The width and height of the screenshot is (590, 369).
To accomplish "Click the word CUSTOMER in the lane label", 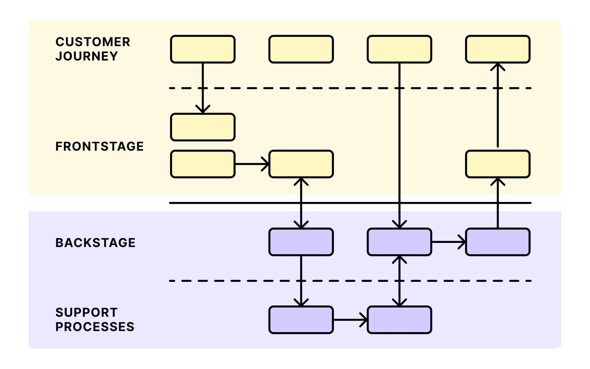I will [x=93, y=42].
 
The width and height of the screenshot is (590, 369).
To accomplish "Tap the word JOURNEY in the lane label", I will [x=87, y=56].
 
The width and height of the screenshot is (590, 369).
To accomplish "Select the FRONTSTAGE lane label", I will [x=99, y=146].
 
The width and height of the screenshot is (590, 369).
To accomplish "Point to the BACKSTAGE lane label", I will [x=95, y=243].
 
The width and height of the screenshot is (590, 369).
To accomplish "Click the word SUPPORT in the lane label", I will [x=87, y=312].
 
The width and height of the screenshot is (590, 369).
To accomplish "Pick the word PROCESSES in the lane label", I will [x=95, y=327].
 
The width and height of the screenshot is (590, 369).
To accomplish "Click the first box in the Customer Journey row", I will [x=203, y=49].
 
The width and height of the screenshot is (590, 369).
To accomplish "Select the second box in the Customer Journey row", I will [x=301, y=49].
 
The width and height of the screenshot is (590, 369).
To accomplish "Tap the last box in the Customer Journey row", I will [x=498, y=49].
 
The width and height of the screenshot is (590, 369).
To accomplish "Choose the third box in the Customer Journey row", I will [x=399, y=49].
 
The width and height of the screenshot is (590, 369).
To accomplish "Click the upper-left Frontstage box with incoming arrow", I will [x=203, y=127].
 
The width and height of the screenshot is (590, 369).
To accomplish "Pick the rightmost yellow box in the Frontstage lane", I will [x=498, y=164].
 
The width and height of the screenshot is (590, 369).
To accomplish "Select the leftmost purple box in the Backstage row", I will [x=301, y=242].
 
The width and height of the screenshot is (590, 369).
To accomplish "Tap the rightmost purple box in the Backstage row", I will [x=498, y=242].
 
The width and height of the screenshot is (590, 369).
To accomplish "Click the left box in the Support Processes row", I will [x=301, y=320].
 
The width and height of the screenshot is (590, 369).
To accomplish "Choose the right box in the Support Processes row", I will [x=399, y=320].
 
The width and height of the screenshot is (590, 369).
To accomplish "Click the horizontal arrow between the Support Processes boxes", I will [x=350, y=320].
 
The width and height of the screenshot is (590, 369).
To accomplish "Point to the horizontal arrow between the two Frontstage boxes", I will [x=252, y=164].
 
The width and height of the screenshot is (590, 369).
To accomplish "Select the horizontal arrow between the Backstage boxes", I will [x=448, y=242].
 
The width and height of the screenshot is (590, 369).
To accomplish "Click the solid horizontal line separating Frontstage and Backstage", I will [x=239, y=203].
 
